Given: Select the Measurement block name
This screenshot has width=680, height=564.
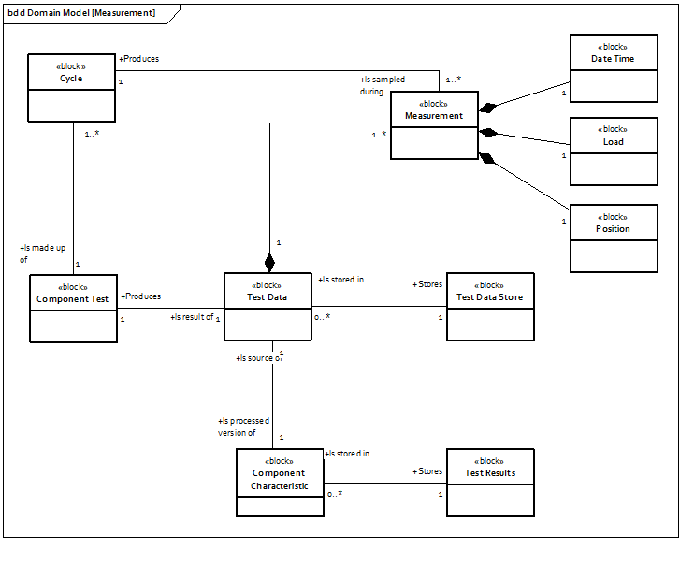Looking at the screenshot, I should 434,115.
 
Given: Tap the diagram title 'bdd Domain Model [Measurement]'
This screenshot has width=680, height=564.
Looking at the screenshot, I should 80,14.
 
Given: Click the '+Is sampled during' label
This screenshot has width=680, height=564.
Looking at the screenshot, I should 383,86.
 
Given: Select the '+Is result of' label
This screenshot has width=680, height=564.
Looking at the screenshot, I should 192,318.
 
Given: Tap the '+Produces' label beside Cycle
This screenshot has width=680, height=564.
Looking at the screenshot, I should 138,59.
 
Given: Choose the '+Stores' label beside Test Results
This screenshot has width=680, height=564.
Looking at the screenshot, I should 427,471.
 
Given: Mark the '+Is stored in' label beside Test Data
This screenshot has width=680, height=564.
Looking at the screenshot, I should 341,280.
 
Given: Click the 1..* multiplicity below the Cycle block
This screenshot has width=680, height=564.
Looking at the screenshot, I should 91,135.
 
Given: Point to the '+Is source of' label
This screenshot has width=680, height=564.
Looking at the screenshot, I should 258,357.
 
